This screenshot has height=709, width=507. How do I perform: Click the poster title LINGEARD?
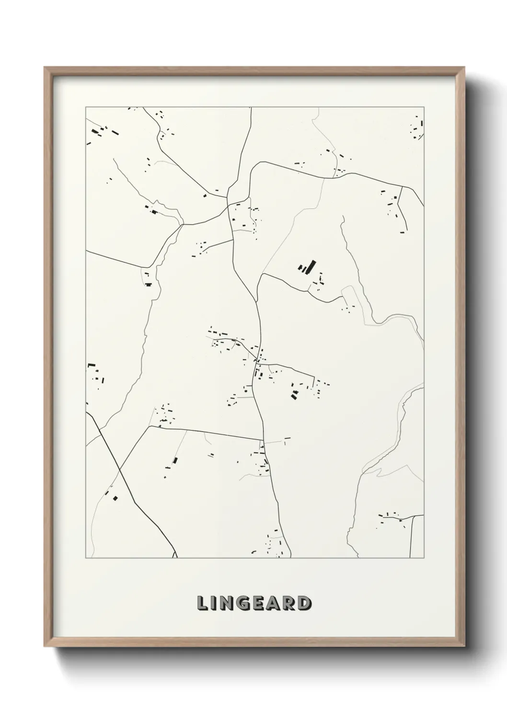[254, 603]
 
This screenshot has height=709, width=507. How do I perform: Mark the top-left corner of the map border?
[86, 107]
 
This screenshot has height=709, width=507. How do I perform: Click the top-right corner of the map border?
[424, 107]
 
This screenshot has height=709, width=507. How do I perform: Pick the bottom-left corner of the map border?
[86, 558]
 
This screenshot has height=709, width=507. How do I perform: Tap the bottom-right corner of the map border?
[424, 558]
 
